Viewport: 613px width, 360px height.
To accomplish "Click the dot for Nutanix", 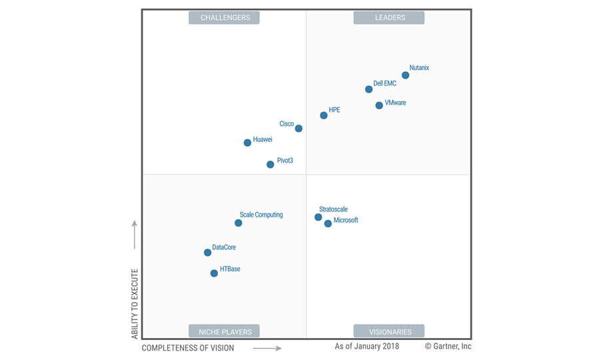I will point(405,75).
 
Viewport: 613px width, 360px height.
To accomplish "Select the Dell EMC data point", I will point(368,89).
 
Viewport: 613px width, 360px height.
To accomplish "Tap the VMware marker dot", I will point(379,105).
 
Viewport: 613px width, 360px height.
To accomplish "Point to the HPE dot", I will point(324,115).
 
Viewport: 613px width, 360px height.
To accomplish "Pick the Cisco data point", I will point(299,129).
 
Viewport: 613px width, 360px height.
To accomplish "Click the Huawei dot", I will point(247,143).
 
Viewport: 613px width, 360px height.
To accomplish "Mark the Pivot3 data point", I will point(270,164).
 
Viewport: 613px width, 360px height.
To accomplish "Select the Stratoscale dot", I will point(318,217).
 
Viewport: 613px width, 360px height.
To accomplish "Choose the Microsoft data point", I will point(328,224).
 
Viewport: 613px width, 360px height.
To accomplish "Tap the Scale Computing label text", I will point(261,215).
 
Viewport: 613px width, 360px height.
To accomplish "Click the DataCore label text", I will point(224,247).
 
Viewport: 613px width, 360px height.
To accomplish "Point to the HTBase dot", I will point(214,273).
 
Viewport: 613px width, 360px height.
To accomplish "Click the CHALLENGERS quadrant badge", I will point(225,18).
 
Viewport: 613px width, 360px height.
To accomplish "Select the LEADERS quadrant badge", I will point(390,18).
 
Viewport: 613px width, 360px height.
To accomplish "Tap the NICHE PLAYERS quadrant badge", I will point(225,331).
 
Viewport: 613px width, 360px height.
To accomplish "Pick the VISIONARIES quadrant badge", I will point(390,331).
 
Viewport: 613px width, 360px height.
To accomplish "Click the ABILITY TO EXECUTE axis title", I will point(135,303).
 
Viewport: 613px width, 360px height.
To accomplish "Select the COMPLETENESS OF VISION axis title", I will point(188,348).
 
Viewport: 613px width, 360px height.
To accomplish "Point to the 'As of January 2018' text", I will point(366,346).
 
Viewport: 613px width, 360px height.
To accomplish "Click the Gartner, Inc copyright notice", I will point(448,346).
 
